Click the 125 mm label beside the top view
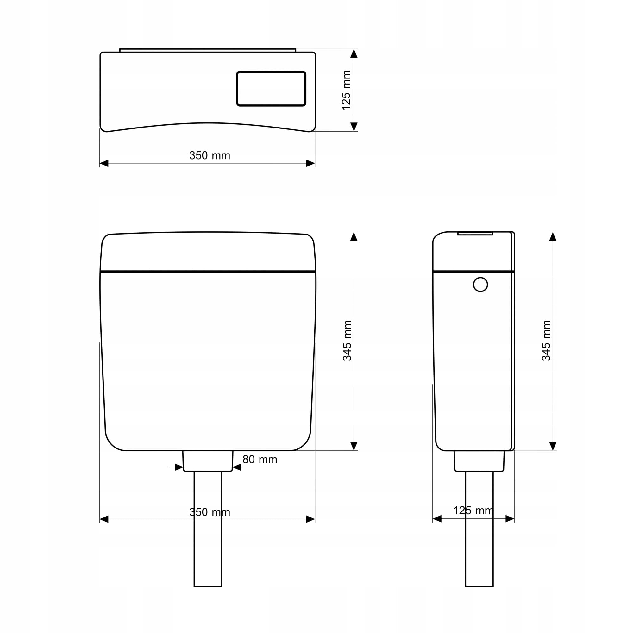tap(346, 90)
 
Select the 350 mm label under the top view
tap(210, 155)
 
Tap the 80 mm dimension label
tap(260, 459)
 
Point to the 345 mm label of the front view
tap(347, 341)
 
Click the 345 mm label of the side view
tap(547, 341)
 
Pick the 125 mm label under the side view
tap(473, 510)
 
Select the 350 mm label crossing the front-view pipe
tap(210, 512)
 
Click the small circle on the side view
tap(480, 285)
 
